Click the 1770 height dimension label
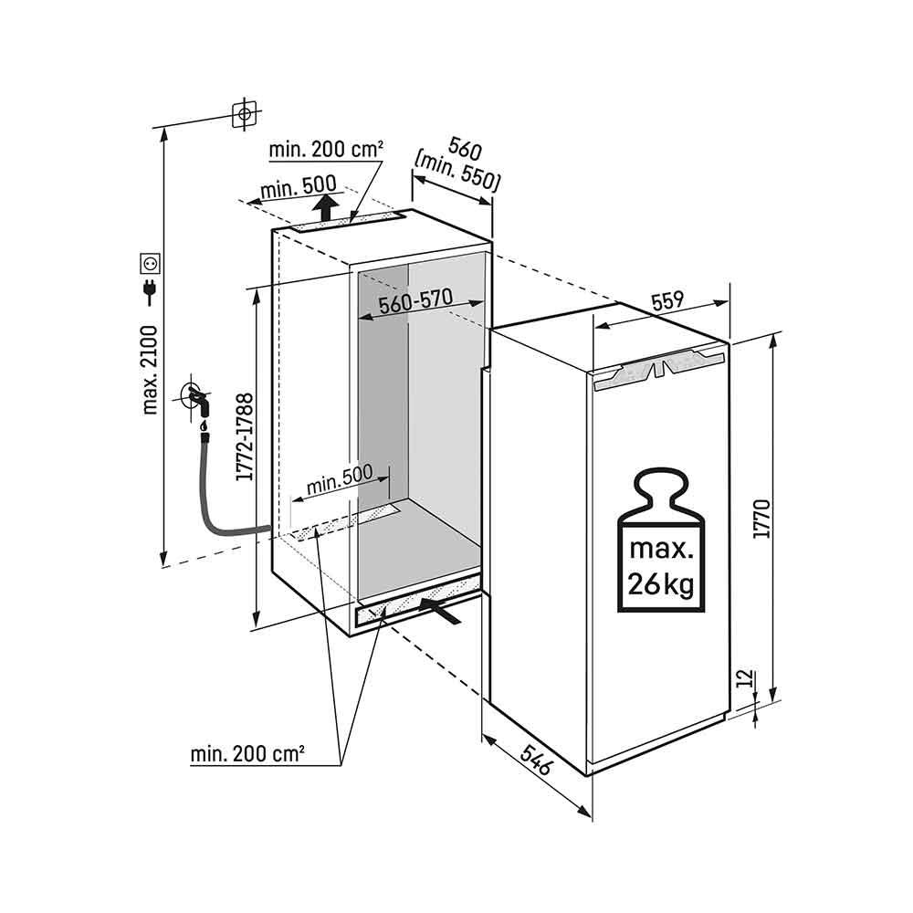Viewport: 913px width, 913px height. pyautogui.click(x=761, y=518)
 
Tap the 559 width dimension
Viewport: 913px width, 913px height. pyautogui.click(x=666, y=301)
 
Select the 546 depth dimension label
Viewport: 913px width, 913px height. pyautogui.click(x=535, y=759)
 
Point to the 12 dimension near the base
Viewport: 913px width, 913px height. pyautogui.click(x=745, y=678)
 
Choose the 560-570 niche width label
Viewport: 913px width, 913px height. pyautogui.click(x=415, y=301)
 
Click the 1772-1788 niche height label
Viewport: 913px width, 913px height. pyautogui.click(x=245, y=436)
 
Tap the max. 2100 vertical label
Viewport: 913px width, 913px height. pyautogui.click(x=150, y=370)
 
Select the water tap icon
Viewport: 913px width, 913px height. pyautogui.click(x=197, y=401)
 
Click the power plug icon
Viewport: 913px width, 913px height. pyautogui.click(x=151, y=291)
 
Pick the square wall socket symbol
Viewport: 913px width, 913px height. pyautogui.click(x=151, y=262)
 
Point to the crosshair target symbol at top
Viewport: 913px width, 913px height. pyautogui.click(x=245, y=113)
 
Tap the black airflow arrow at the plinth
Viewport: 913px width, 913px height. pyautogui.click(x=440, y=609)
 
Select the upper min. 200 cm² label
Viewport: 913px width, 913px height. pyautogui.click(x=326, y=150)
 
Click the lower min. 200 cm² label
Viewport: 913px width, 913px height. pyautogui.click(x=247, y=754)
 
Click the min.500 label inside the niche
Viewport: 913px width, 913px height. pyautogui.click(x=340, y=478)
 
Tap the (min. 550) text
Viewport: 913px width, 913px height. pyautogui.click(x=457, y=173)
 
